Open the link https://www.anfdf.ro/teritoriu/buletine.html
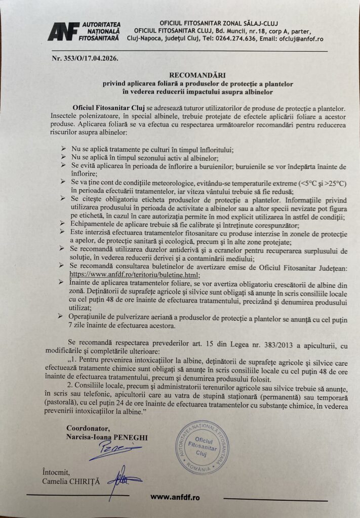point(133,274)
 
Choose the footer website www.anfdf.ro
point(175,497)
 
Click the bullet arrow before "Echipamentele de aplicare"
point(63,225)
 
